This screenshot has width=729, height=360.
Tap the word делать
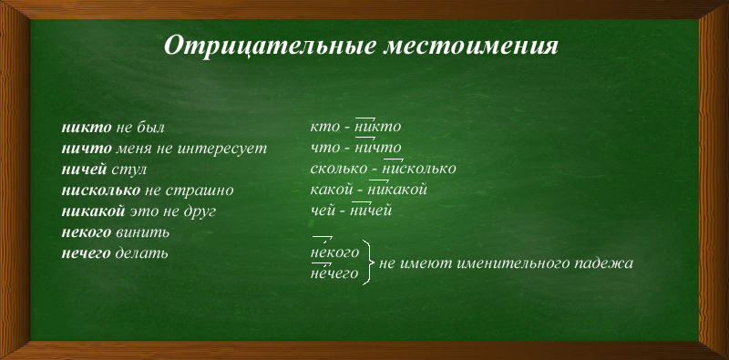pos(141,253)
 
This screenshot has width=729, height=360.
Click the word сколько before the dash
pos(339,170)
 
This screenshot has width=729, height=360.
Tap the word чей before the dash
pos(323,211)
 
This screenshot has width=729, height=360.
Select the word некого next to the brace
pos(334,252)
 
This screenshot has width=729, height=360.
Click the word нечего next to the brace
pos(334,273)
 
